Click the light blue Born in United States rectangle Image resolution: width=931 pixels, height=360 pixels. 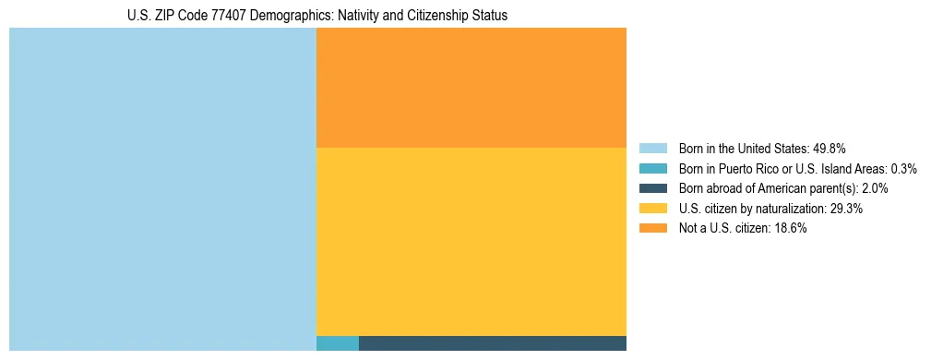(162, 189)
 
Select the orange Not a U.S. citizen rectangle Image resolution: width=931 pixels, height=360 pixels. (471, 88)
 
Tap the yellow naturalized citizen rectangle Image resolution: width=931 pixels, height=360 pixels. (471, 241)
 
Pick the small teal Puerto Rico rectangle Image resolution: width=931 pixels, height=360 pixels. (337, 343)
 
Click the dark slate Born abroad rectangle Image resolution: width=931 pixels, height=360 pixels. (492, 343)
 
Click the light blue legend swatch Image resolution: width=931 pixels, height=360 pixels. (652, 149)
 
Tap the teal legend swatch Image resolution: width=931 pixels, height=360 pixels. (652, 169)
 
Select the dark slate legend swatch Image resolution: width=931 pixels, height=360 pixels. (652, 188)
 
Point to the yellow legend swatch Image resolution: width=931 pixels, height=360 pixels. (652, 209)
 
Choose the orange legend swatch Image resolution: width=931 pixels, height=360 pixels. (652, 229)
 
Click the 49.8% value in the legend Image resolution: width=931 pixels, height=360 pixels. (830, 149)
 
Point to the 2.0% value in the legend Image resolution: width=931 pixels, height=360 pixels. (875, 188)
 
